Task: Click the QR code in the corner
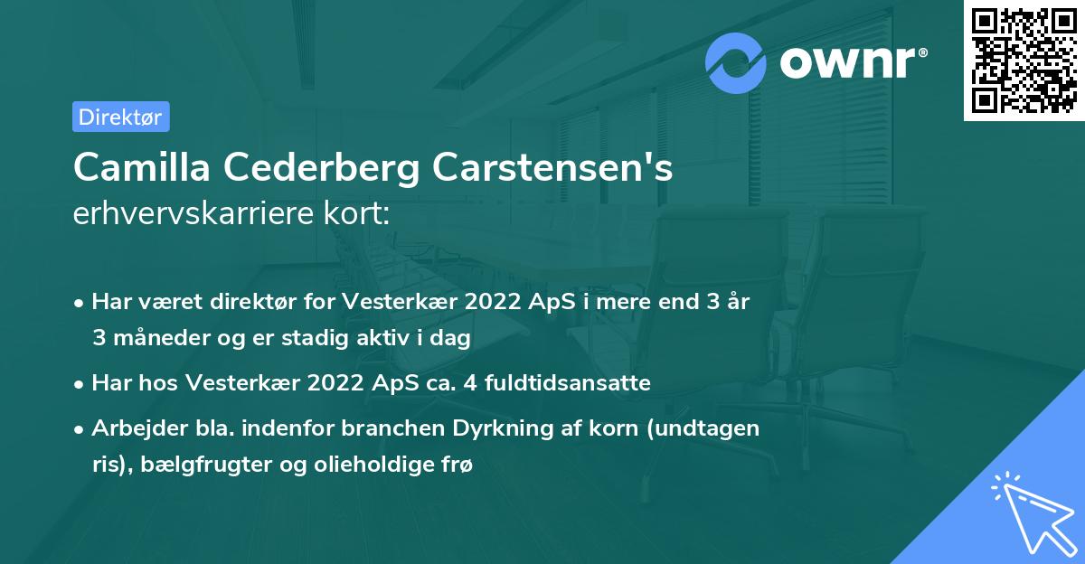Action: (x=1024, y=61)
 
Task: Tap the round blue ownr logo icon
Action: (x=736, y=63)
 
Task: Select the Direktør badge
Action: (x=120, y=117)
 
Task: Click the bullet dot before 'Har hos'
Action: (x=80, y=384)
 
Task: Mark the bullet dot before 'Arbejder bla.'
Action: (x=80, y=430)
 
